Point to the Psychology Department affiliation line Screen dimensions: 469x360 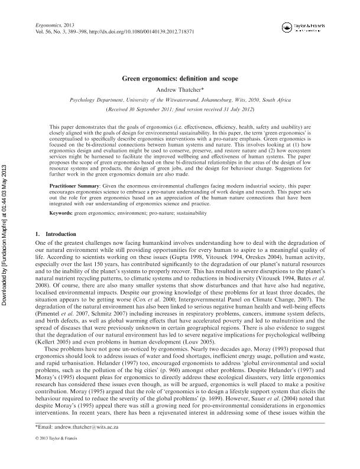(180, 101)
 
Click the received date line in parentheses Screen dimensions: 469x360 (180, 110)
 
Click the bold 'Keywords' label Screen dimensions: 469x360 (61, 213)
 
